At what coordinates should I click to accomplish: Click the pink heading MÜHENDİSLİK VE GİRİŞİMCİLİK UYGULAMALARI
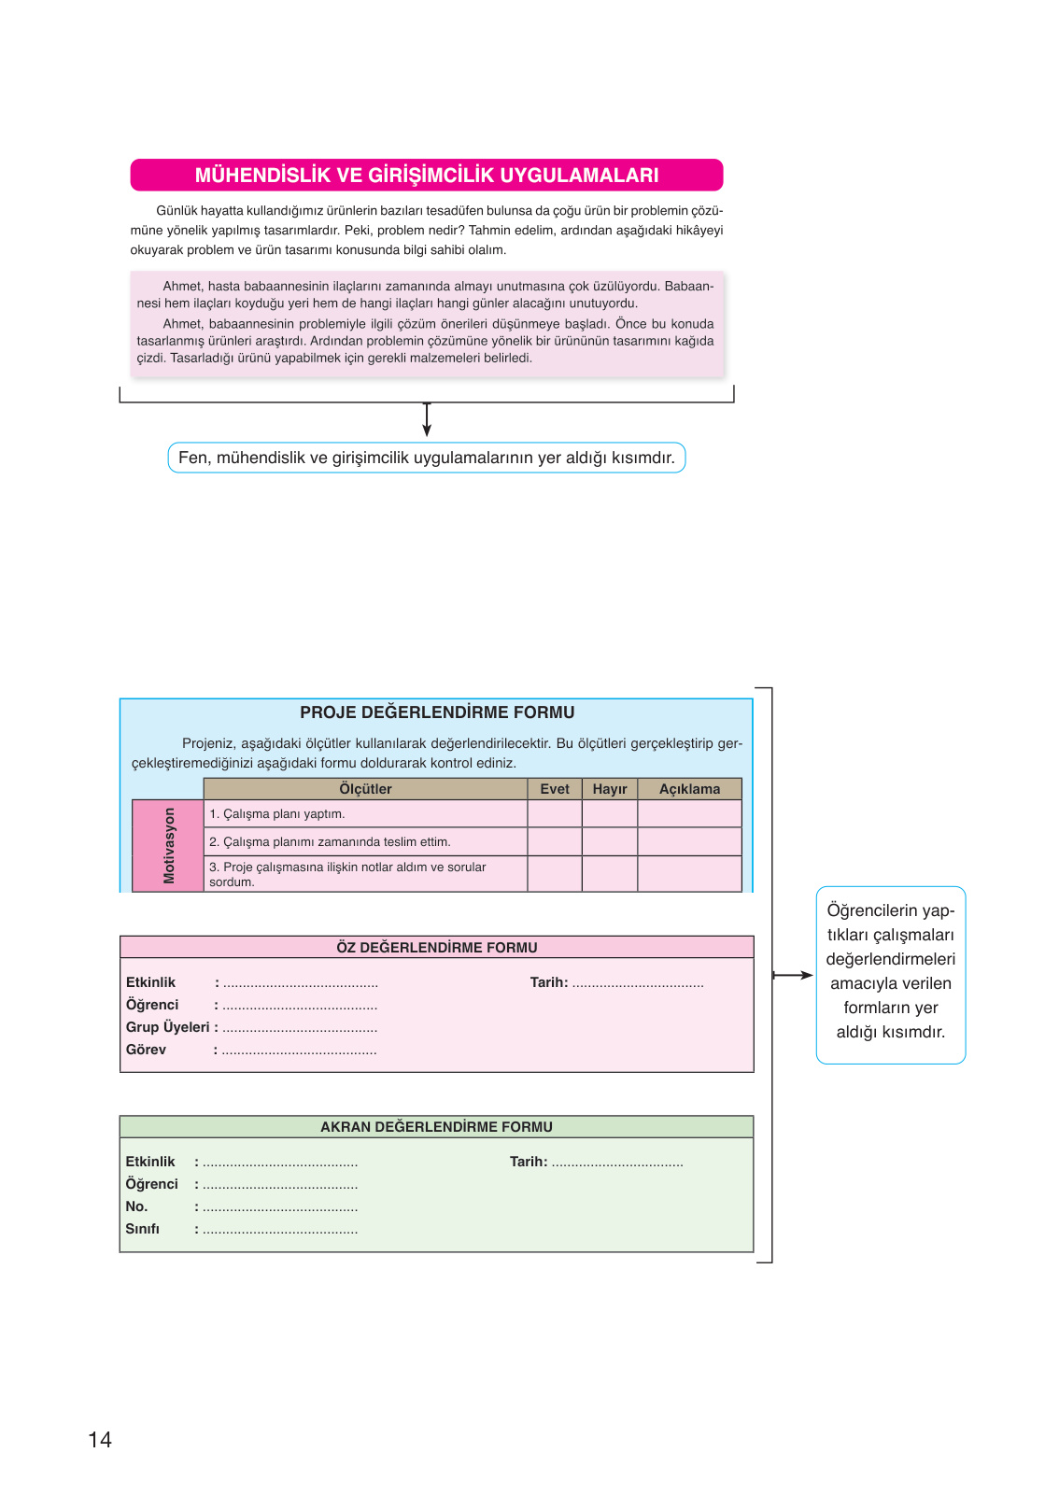(427, 176)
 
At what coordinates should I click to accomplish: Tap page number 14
(100, 1440)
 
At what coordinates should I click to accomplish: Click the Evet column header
(555, 789)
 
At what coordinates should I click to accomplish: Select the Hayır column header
(610, 789)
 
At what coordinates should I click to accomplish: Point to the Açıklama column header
(689, 789)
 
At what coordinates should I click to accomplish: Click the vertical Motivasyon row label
(169, 845)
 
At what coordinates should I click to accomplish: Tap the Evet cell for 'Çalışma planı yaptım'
(555, 814)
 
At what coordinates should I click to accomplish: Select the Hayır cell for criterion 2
(610, 841)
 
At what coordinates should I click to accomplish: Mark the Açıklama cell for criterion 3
(689, 874)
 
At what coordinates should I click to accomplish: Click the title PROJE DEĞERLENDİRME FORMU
(437, 712)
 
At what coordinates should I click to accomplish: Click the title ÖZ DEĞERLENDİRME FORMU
(437, 948)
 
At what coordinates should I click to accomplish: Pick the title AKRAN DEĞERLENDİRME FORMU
(437, 1127)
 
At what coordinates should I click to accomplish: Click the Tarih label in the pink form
(549, 982)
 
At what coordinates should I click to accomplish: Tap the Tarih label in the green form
(529, 1162)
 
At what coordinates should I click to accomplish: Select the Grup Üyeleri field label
(168, 1027)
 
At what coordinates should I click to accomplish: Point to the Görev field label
(147, 1050)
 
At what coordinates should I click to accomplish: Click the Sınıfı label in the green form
(143, 1229)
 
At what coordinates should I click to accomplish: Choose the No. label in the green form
(137, 1206)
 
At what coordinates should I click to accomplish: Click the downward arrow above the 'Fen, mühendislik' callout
(427, 422)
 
